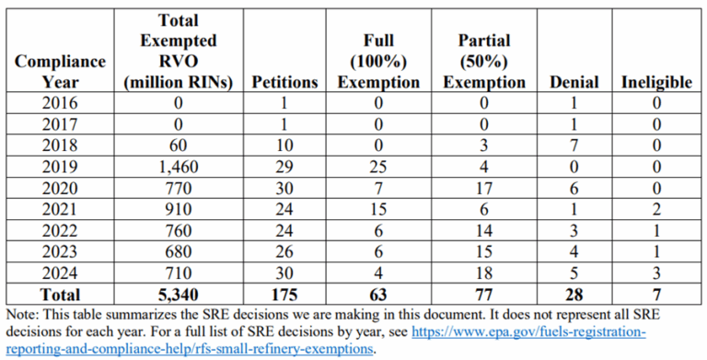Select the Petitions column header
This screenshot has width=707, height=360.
285,82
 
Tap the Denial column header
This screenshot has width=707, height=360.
574,82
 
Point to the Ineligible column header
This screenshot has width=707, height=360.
655,82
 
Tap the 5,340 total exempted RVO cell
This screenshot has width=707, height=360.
180,295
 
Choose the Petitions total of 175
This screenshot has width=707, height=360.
285,295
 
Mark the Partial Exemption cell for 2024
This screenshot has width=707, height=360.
484,273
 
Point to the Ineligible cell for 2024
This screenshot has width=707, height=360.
655,273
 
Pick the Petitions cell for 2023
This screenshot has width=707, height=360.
285,252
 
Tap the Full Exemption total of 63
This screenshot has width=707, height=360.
377,295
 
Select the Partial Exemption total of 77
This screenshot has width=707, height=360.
484,295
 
